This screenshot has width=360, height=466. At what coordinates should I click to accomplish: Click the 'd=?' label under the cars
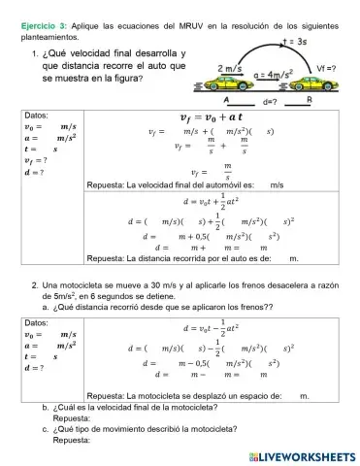pyautogui.click(x=273, y=101)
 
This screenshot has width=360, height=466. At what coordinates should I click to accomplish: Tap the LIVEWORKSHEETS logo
pyautogui.click(x=300, y=454)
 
